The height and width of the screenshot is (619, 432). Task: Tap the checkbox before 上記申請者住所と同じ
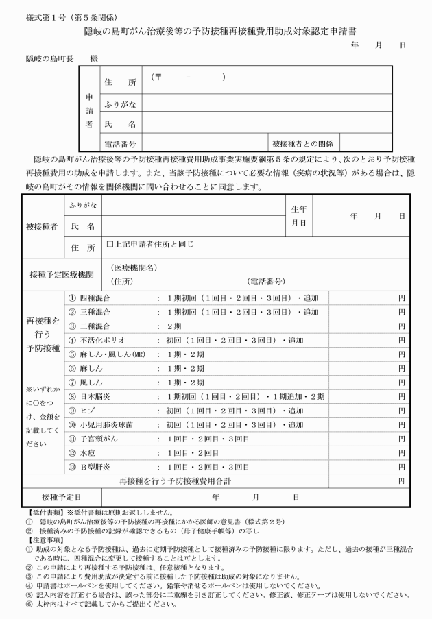(x=110, y=243)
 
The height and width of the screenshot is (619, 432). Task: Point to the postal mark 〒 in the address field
(x=157, y=77)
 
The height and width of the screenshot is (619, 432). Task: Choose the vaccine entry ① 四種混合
(x=89, y=299)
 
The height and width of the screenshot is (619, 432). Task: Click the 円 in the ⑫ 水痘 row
(x=401, y=452)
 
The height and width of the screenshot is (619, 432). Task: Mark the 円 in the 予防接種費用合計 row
(x=401, y=481)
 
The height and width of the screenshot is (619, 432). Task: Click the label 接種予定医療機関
(x=62, y=274)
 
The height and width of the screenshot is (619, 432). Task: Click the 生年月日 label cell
(x=299, y=216)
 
